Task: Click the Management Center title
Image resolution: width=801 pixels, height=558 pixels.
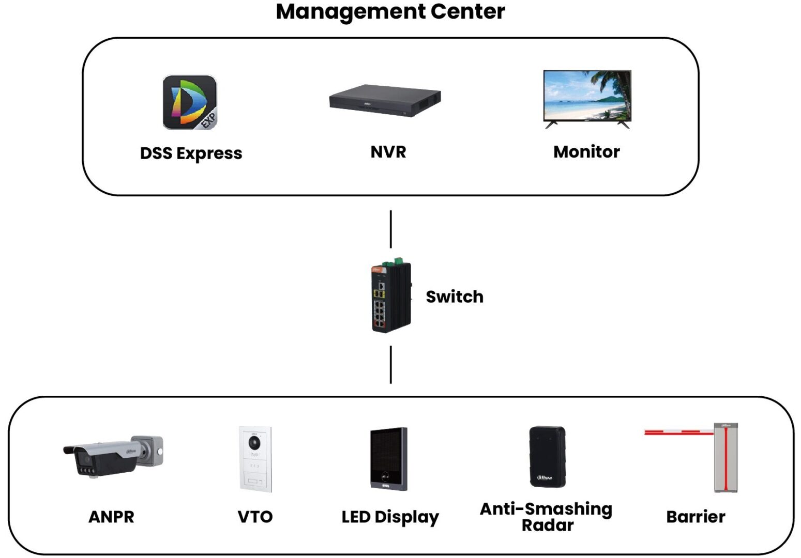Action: click(390, 11)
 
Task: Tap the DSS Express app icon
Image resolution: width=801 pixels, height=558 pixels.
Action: click(189, 102)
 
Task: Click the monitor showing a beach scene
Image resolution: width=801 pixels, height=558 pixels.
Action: click(587, 97)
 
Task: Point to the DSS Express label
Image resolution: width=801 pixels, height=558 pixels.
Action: click(191, 153)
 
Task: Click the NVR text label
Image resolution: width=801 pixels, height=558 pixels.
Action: click(388, 152)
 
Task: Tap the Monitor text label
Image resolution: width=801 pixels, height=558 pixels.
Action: click(586, 152)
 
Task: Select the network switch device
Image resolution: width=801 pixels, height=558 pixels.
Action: click(391, 297)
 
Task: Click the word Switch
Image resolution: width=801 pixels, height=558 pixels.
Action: click(455, 297)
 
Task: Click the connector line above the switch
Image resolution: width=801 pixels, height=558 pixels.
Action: click(390, 229)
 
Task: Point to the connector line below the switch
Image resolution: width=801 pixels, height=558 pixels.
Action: click(390, 365)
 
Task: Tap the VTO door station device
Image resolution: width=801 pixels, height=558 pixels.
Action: click(255, 459)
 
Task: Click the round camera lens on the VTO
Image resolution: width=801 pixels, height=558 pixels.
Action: click(254, 443)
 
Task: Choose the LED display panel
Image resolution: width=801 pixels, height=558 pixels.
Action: click(388, 458)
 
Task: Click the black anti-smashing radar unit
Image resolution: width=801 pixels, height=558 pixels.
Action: click(547, 456)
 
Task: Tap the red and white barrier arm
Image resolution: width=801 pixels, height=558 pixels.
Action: click(678, 431)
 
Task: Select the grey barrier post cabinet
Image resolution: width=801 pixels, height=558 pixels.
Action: click(726, 458)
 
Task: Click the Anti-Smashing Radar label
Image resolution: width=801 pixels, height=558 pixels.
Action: click(546, 517)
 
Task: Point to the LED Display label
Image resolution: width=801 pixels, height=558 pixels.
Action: click(390, 517)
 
